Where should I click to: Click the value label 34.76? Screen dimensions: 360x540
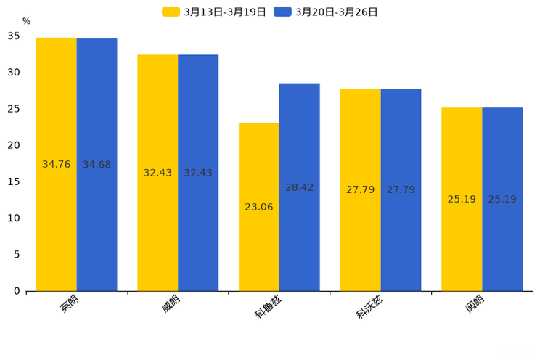tap(56, 165)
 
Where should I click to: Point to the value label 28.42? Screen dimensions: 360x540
tap(299, 187)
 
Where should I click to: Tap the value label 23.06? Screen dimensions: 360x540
tap(258, 207)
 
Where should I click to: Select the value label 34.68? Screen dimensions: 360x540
tap(97, 165)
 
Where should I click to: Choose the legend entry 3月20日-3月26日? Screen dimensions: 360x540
tap(326, 12)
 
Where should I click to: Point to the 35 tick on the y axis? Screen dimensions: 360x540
tap(15, 36)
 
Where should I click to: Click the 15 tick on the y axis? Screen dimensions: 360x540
tap(15, 181)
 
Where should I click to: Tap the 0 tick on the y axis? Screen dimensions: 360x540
tap(17, 291)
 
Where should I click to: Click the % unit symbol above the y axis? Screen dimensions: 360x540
tap(26, 22)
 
